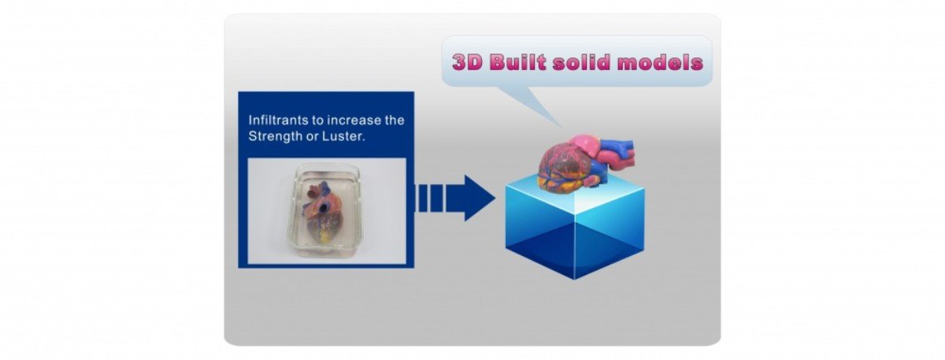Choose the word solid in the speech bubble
tap(580, 61)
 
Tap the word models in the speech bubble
tap(659, 61)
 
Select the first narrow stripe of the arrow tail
tap(422, 198)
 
